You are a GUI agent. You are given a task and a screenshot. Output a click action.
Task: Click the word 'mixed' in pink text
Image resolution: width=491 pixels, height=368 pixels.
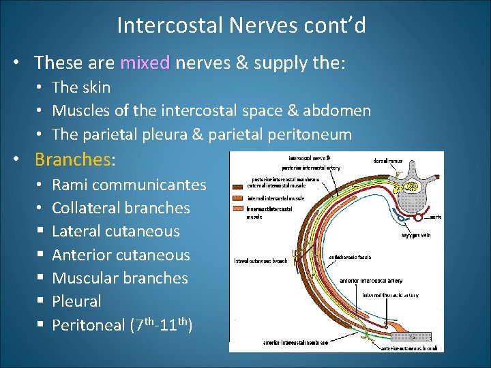(x=145, y=63)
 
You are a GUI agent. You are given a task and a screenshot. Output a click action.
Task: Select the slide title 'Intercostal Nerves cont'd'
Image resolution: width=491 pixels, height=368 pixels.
(x=241, y=25)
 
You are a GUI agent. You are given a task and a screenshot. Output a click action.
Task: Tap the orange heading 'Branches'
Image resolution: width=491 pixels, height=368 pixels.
(x=72, y=159)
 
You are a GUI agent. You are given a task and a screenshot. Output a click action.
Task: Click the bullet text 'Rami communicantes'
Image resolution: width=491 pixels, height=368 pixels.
(x=129, y=185)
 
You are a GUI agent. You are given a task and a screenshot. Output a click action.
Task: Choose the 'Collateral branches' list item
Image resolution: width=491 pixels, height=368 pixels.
(x=121, y=208)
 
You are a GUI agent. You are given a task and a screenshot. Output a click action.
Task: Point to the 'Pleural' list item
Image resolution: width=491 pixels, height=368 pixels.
(x=76, y=301)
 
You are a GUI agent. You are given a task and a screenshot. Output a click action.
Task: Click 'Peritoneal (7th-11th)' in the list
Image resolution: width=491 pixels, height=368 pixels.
(x=122, y=324)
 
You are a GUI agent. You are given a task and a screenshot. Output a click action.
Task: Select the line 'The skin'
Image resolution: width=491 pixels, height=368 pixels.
(x=81, y=87)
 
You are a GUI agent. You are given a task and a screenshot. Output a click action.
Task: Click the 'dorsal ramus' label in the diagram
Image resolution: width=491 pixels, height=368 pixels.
(x=388, y=161)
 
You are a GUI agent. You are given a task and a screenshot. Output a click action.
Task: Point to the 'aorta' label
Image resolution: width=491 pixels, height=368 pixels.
(x=435, y=217)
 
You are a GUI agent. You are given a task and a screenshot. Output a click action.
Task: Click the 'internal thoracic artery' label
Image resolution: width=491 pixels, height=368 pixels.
(x=391, y=295)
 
